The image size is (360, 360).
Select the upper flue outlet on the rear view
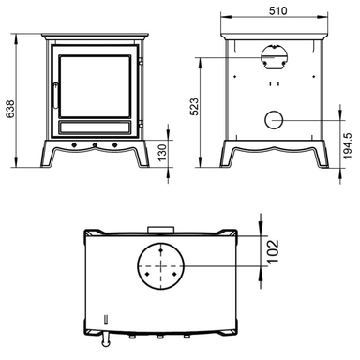(x=274, y=57)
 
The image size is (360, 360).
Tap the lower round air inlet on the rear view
(x=274, y=120)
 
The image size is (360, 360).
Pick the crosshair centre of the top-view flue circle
(x=162, y=266)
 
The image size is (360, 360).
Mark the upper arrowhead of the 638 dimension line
(x=20, y=29)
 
